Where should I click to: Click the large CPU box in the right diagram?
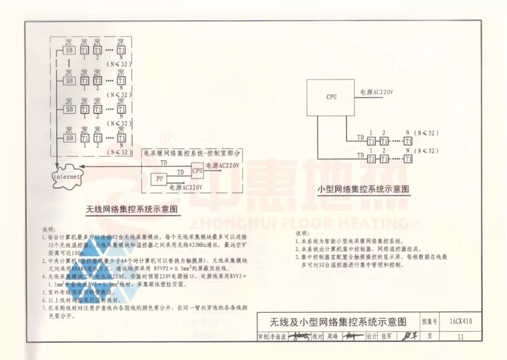tap(331, 97)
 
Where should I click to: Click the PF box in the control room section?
tap(159, 179)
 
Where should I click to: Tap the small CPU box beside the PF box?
tap(197, 170)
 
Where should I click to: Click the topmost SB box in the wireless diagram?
tap(69, 50)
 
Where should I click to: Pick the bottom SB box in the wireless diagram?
tap(69, 138)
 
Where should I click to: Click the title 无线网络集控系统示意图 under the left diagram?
tap(133, 209)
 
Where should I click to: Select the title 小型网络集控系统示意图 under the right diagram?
tap(363, 189)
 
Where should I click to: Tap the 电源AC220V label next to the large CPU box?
tap(376, 92)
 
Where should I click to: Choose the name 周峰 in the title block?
tap(332, 337)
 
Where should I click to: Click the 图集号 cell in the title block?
tap(430, 322)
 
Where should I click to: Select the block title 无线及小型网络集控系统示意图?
tap(338, 322)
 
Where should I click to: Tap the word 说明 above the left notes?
tap(48, 230)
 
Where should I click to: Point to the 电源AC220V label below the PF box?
tap(186, 187)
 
